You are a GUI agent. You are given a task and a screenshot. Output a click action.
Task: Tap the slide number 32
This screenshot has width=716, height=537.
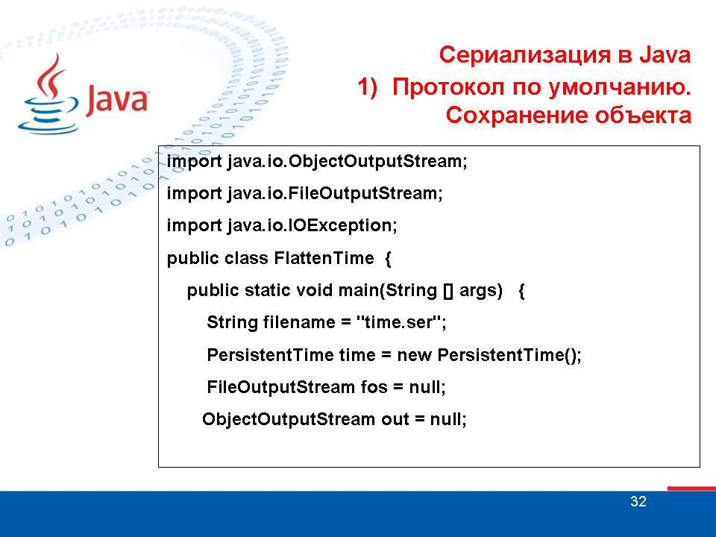(x=638, y=502)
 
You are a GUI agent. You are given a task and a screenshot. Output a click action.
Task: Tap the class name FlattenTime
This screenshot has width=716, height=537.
(x=324, y=258)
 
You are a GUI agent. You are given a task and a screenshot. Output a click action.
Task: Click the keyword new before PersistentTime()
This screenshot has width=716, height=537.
(x=415, y=355)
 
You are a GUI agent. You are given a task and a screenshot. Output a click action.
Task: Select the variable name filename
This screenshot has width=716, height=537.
(x=293, y=323)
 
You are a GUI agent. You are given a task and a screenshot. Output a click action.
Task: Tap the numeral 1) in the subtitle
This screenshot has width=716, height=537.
(x=369, y=87)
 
